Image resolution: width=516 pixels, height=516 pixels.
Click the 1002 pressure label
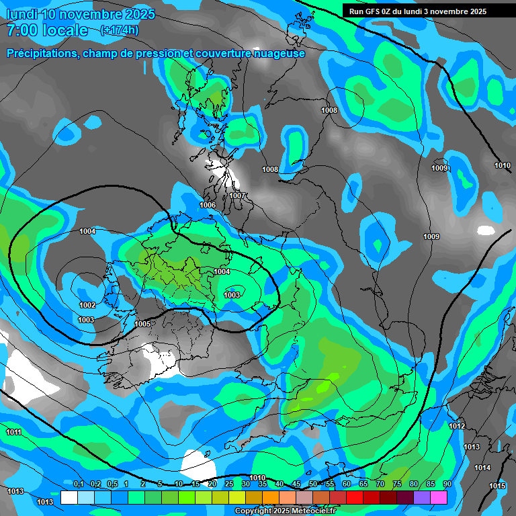87,305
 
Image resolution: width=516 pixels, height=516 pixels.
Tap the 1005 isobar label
142,324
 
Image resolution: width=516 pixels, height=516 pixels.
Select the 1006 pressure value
208,205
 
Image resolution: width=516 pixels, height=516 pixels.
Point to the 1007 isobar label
238,196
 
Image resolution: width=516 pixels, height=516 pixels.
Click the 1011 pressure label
13,432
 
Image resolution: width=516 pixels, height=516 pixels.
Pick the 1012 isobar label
457,426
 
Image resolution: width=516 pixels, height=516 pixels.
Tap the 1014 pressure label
482,468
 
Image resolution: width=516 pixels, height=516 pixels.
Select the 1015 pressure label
497,486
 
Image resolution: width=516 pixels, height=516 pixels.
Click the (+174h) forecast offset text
119,30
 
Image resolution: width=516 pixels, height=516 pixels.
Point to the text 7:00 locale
47,30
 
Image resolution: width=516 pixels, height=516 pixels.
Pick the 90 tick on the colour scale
447,484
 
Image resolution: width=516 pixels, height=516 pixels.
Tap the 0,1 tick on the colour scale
79,484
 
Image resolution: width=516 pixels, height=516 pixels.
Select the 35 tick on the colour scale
263,484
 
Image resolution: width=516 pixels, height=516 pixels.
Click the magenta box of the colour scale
439,497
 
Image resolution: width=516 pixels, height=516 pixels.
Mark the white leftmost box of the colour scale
69,497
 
